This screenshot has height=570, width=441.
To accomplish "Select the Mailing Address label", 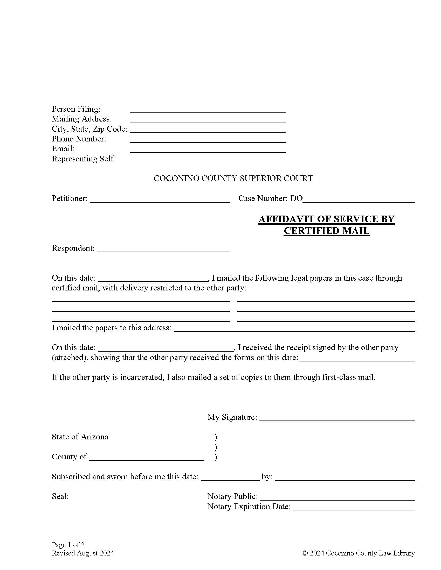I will point(82,119).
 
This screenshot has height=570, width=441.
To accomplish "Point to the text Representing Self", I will point(83,159).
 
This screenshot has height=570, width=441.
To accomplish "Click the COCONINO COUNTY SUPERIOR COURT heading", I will point(233,179).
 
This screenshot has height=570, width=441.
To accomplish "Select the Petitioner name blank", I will point(160,199).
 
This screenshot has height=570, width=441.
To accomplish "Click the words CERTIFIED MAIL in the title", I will point(327,231).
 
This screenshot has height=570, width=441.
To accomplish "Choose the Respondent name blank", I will point(163,249).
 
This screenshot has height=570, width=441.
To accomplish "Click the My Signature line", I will point(337,418).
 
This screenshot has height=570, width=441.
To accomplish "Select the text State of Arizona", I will point(80,437).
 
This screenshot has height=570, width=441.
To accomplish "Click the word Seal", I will point(60,496).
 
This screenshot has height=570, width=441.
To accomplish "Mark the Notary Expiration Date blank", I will point(354,508).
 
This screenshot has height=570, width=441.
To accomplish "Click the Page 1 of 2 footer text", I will point(68,545).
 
